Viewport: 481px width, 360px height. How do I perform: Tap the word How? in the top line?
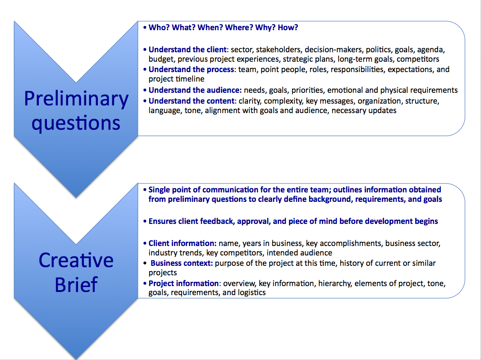288,27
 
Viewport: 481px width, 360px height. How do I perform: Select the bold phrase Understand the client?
188,50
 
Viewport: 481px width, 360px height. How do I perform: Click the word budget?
161,59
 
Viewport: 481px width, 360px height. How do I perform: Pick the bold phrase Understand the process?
191,69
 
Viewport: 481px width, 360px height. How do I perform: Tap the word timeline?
191,79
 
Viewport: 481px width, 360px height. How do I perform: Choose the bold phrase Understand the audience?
195,90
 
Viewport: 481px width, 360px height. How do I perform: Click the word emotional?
344,90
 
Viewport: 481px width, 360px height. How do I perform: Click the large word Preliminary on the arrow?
76,98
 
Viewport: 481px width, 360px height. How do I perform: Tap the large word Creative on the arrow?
76,260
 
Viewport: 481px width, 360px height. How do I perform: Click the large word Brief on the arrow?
76,285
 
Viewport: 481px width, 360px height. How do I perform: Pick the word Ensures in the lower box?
162,221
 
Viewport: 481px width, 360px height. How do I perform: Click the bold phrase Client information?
183,243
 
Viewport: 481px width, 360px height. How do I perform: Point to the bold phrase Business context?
182,263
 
